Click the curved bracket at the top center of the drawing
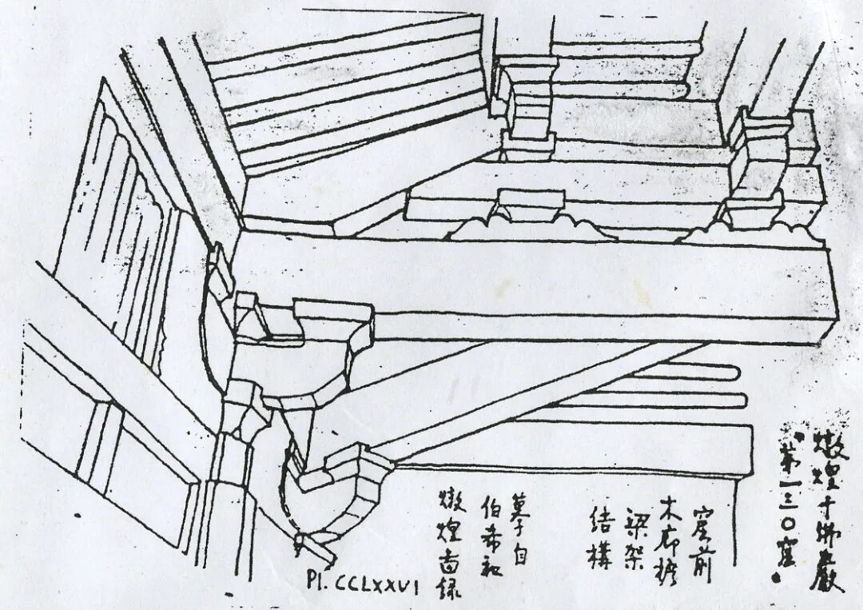(523, 104)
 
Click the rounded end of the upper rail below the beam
(731, 373)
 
